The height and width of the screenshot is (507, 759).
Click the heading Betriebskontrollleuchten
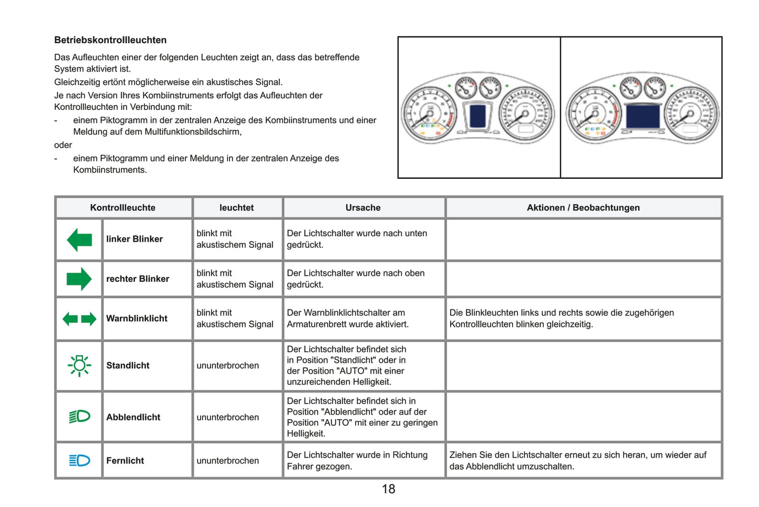(x=110, y=40)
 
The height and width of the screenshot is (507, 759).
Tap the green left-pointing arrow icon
(x=79, y=240)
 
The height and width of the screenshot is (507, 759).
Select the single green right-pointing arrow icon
(x=79, y=279)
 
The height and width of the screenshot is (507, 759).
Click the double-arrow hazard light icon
(x=79, y=319)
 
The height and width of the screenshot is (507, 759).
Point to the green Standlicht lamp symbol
(x=79, y=366)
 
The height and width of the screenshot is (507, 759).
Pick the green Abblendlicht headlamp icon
(x=79, y=417)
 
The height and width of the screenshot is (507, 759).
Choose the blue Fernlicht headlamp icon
(x=79, y=461)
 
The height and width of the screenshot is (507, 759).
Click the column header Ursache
(x=363, y=208)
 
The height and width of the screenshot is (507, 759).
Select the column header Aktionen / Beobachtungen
(x=583, y=208)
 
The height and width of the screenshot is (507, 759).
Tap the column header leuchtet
(x=236, y=208)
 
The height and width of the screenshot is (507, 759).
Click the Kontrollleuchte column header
(x=122, y=208)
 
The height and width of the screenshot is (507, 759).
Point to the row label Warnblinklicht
(x=137, y=318)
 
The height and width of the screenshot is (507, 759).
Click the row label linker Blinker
(x=134, y=239)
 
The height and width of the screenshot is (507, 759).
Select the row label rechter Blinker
(x=138, y=279)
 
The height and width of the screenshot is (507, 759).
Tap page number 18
(x=388, y=489)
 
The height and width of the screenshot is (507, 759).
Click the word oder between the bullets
(x=63, y=145)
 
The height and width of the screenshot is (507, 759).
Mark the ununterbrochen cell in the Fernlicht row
(x=227, y=461)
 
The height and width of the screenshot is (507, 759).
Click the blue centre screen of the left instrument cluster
(x=477, y=115)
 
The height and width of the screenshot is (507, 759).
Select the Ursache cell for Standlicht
(x=346, y=366)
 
